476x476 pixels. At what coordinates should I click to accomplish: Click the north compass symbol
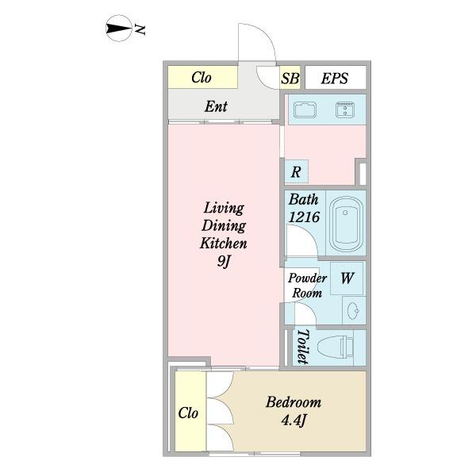(119, 29)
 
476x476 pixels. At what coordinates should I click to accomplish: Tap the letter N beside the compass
(140, 29)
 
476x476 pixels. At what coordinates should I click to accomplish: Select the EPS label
(335, 79)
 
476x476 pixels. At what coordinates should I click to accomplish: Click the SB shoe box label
(290, 79)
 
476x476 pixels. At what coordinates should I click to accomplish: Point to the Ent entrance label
(216, 106)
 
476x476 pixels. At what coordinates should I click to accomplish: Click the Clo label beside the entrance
(202, 78)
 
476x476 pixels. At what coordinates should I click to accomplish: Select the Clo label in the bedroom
(188, 413)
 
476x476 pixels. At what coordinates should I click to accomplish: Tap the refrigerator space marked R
(296, 172)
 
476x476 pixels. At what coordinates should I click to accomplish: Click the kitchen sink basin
(305, 109)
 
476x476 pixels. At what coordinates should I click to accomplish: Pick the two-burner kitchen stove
(345, 109)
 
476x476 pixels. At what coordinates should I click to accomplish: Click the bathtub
(346, 224)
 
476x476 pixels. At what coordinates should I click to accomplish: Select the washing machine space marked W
(347, 278)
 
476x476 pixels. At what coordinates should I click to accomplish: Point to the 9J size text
(224, 261)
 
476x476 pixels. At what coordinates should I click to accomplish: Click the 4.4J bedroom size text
(294, 420)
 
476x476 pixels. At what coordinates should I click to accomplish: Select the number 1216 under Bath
(304, 217)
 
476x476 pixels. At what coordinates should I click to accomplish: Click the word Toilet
(302, 347)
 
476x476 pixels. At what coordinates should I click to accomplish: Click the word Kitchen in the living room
(224, 244)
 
